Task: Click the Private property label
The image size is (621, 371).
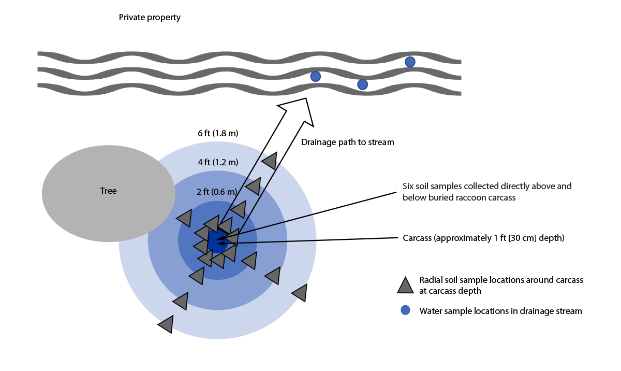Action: [x=150, y=18]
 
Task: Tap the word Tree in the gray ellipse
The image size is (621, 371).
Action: [x=108, y=191]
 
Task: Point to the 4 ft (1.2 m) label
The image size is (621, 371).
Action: [x=218, y=162]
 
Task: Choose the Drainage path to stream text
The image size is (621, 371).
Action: [x=348, y=142]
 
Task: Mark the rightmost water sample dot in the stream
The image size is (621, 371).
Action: [x=410, y=62]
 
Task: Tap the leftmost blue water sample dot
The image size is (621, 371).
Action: [x=315, y=76]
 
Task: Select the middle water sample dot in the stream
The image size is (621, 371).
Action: [x=363, y=84]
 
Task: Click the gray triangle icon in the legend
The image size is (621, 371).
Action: [x=405, y=284]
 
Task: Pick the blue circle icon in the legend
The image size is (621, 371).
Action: [x=406, y=310]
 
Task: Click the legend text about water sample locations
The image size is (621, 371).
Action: [x=500, y=311]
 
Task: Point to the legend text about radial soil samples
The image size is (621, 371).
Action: [x=501, y=285]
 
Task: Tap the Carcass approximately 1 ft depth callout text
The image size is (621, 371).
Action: [x=483, y=238]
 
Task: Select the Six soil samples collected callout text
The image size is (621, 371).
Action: [x=486, y=192]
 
